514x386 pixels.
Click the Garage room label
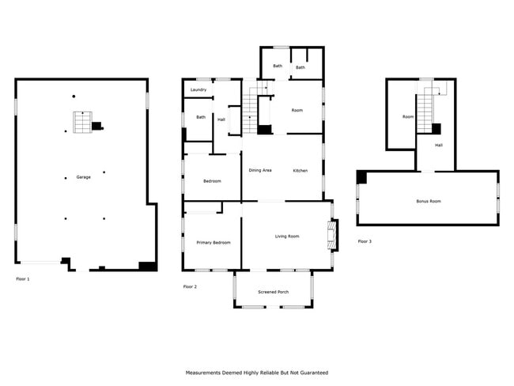click(x=83, y=177)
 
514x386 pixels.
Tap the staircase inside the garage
click(x=82, y=123)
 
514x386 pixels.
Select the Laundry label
click(x=198, y=89)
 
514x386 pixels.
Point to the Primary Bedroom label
click(x=214, y=243)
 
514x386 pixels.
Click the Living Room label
click(x=287, y=237)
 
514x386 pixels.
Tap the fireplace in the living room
click(x=332, y=235)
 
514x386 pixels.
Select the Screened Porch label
click(x=273, y=292)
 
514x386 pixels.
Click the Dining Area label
click(x=260, y=170)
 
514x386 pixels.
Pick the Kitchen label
click(x=300, y=171)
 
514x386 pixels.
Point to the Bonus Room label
click(x=429, y=201)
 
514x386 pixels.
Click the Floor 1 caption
click(x=23, y=279)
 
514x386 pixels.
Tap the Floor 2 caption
click(x=190, y=286)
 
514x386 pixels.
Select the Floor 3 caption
click(x=365, y=241)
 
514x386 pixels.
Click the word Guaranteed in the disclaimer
click(x=315, y=373)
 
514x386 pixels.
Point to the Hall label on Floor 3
click(x=439, y=145)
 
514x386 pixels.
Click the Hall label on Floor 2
click(x=221, y=119)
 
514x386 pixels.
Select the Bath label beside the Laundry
click(x=201, y=117)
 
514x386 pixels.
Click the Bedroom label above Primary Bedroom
click(x=212, y=181)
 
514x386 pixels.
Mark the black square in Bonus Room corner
click(x=361, y=177)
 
